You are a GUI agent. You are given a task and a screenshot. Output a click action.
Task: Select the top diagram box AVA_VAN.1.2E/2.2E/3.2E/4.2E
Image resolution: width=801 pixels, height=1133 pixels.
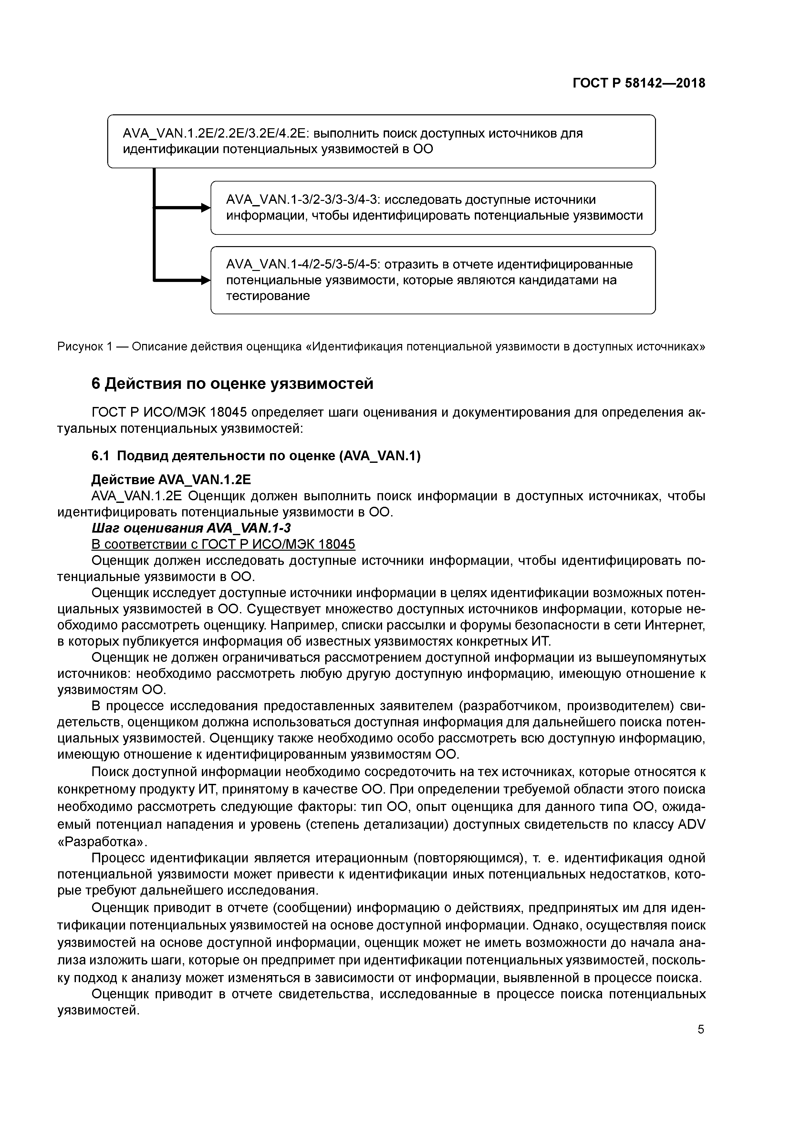381,141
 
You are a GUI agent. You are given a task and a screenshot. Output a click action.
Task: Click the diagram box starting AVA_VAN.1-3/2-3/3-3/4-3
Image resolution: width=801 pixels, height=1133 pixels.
433,208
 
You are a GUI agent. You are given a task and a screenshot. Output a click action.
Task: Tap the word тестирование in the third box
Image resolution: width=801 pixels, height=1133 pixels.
268,296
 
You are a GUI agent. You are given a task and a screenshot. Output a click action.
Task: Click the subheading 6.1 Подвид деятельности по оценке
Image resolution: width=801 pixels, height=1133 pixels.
256,456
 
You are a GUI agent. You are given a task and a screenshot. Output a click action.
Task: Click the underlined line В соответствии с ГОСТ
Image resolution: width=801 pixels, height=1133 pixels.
223,544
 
